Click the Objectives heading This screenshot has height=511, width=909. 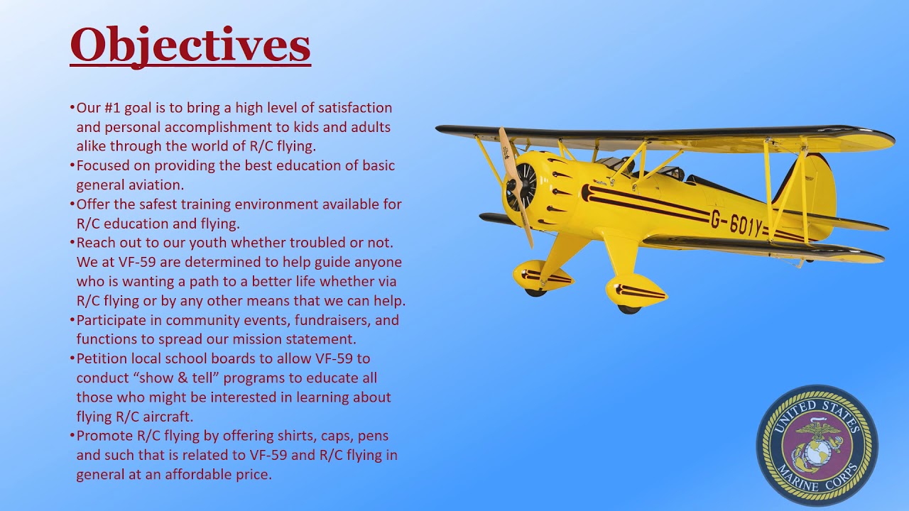(x=190, y=45)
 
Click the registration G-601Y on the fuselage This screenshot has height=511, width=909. (x=737, y=224)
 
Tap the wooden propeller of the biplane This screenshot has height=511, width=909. (x=516, y=186)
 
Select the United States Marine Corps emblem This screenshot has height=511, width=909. (x=817, y=445)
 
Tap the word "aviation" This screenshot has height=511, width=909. (x=156, y=185)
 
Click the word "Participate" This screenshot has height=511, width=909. (x=111, y=320)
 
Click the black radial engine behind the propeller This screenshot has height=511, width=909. (x=521, y=187)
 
